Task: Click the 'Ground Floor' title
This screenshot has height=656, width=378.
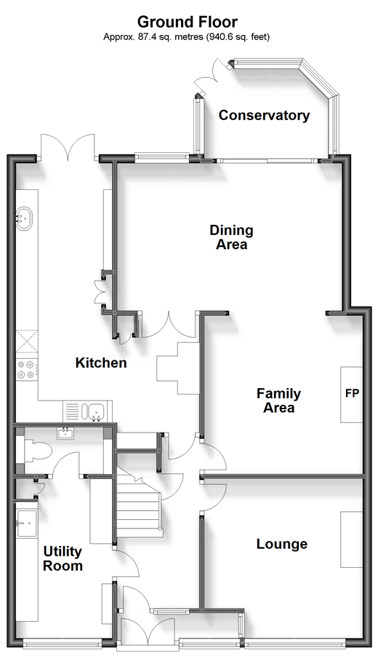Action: point(188,22)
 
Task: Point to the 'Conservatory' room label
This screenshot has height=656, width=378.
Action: point(264,115)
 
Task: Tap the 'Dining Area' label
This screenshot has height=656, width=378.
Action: point(231,237)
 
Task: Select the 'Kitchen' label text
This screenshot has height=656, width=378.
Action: point(101,363)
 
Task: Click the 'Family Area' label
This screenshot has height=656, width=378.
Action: point(278,400)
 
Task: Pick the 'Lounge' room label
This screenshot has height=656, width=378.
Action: point(282,544)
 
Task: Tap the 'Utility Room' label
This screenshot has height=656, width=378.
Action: point(63,558)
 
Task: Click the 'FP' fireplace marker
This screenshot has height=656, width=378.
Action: point(352,393)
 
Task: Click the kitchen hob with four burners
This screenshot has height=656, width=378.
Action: point(26,371)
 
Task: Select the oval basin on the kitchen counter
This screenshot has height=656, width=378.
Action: point(24,218)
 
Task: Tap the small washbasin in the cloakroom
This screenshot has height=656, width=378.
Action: point(66,433)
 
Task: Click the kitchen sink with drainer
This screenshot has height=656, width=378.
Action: point(88,411)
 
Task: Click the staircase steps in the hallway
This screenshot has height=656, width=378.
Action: point(139,502)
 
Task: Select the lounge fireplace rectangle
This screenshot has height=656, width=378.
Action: point(352,540)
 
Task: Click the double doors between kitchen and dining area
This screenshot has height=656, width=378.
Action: point(169,325)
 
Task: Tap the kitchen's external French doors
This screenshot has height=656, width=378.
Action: point(68,146)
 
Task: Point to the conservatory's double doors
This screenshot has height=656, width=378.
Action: point(212,74)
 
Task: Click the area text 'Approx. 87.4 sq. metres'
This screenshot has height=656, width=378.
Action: point(153,37)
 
